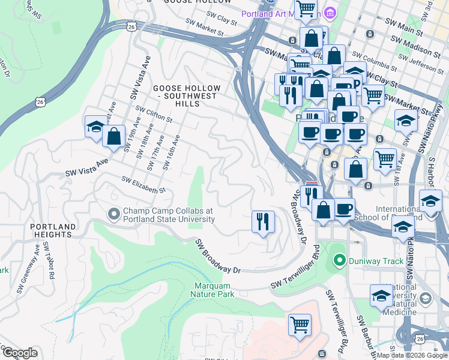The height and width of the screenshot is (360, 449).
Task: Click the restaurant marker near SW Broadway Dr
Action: pos(262,222)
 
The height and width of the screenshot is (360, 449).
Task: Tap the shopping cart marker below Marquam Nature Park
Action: pos(300,326)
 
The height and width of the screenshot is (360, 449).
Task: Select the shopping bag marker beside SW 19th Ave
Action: pos(113,136)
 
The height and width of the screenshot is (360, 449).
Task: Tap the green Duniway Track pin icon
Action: pos(340,260)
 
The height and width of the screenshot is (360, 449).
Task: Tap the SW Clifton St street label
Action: pos(154,115)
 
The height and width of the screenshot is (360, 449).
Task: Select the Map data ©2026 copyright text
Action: pos(412,355)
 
